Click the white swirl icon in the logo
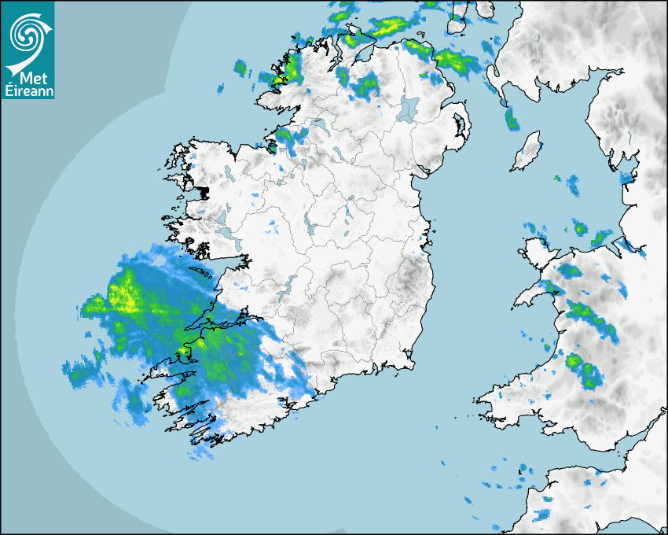(x=28, y=33)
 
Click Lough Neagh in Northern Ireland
(x=409, y=108)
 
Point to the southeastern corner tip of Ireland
(x=413, y=363)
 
